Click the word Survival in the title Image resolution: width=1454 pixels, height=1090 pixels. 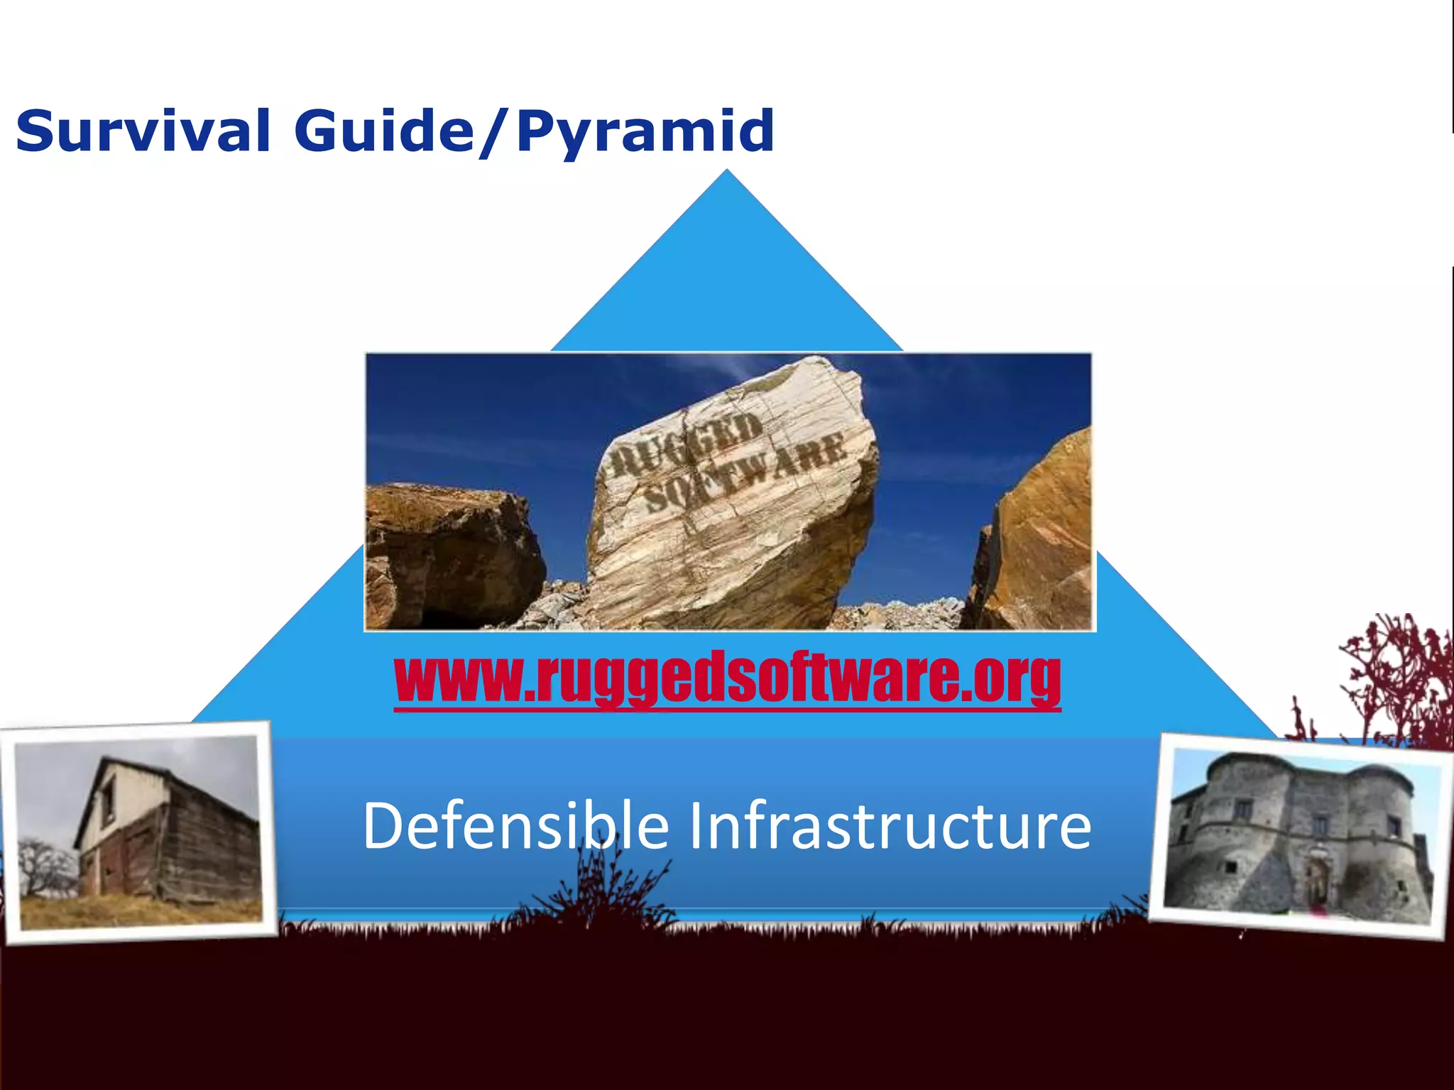tap(142, 131)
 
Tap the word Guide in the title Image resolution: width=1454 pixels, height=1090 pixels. tap(383, 131)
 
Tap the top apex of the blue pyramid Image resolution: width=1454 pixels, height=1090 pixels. tap(726, 174)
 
